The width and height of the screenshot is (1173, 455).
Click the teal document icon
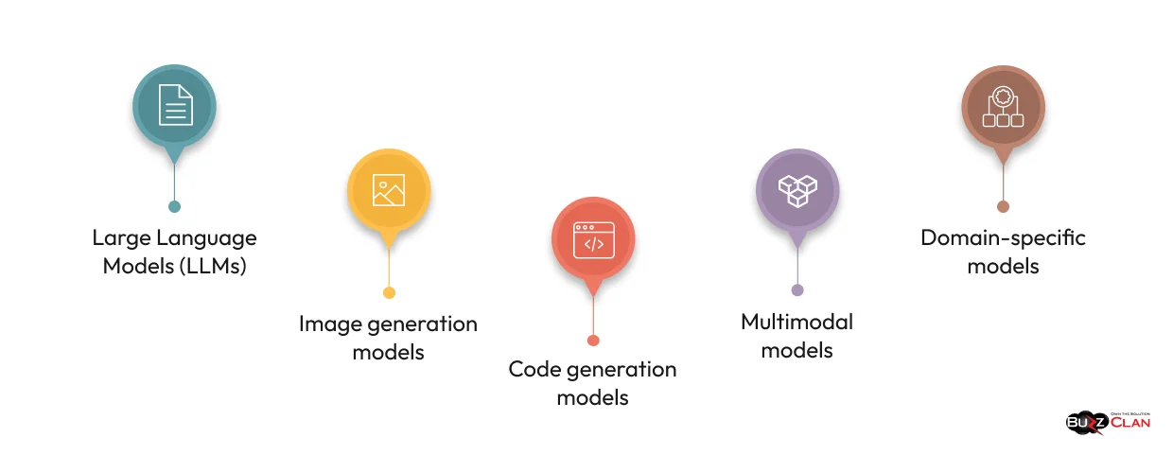point(175,105)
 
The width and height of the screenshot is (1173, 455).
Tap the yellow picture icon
point(389,190)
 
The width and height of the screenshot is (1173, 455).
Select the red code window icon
point(593,239)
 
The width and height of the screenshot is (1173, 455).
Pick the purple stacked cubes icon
point(797,189)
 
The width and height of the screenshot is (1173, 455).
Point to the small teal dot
point(174,206)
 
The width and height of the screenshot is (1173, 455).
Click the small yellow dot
point(389,292)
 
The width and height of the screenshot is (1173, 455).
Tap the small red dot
point(593,341)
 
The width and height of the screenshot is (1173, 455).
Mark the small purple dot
point(797,290)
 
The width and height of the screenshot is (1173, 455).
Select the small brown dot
point(1003,206)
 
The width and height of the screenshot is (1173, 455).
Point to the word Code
point(535,369)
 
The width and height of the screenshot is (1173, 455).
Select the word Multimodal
point(797,322)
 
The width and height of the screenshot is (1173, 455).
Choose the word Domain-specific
point(1003,236)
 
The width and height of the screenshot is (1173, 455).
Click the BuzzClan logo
point(1108,422)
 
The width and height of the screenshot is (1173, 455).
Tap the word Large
point(120,237)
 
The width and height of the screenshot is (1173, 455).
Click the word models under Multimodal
point(797,350)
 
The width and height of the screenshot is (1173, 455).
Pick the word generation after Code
point(622,369)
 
